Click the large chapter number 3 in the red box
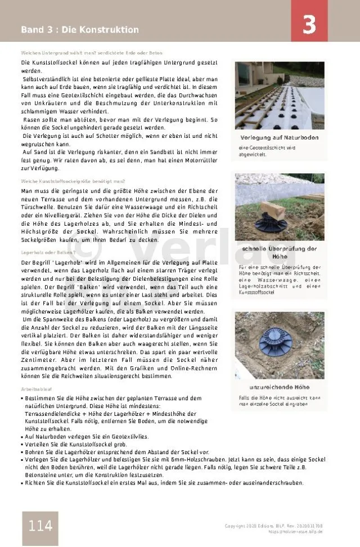pos(309,25)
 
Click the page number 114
pos(40,526)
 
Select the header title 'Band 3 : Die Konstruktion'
pos(80,29)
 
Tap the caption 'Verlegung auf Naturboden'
pos(279,138)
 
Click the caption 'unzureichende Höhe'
pos(279,387)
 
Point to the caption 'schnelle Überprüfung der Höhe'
pos(279,252)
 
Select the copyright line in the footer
pos(273,526)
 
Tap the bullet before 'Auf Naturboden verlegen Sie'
pos(22,436)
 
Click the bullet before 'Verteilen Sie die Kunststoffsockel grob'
pos(22,444)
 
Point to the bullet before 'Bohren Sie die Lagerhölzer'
pos(22,452)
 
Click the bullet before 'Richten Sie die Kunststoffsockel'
pos(22,483)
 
